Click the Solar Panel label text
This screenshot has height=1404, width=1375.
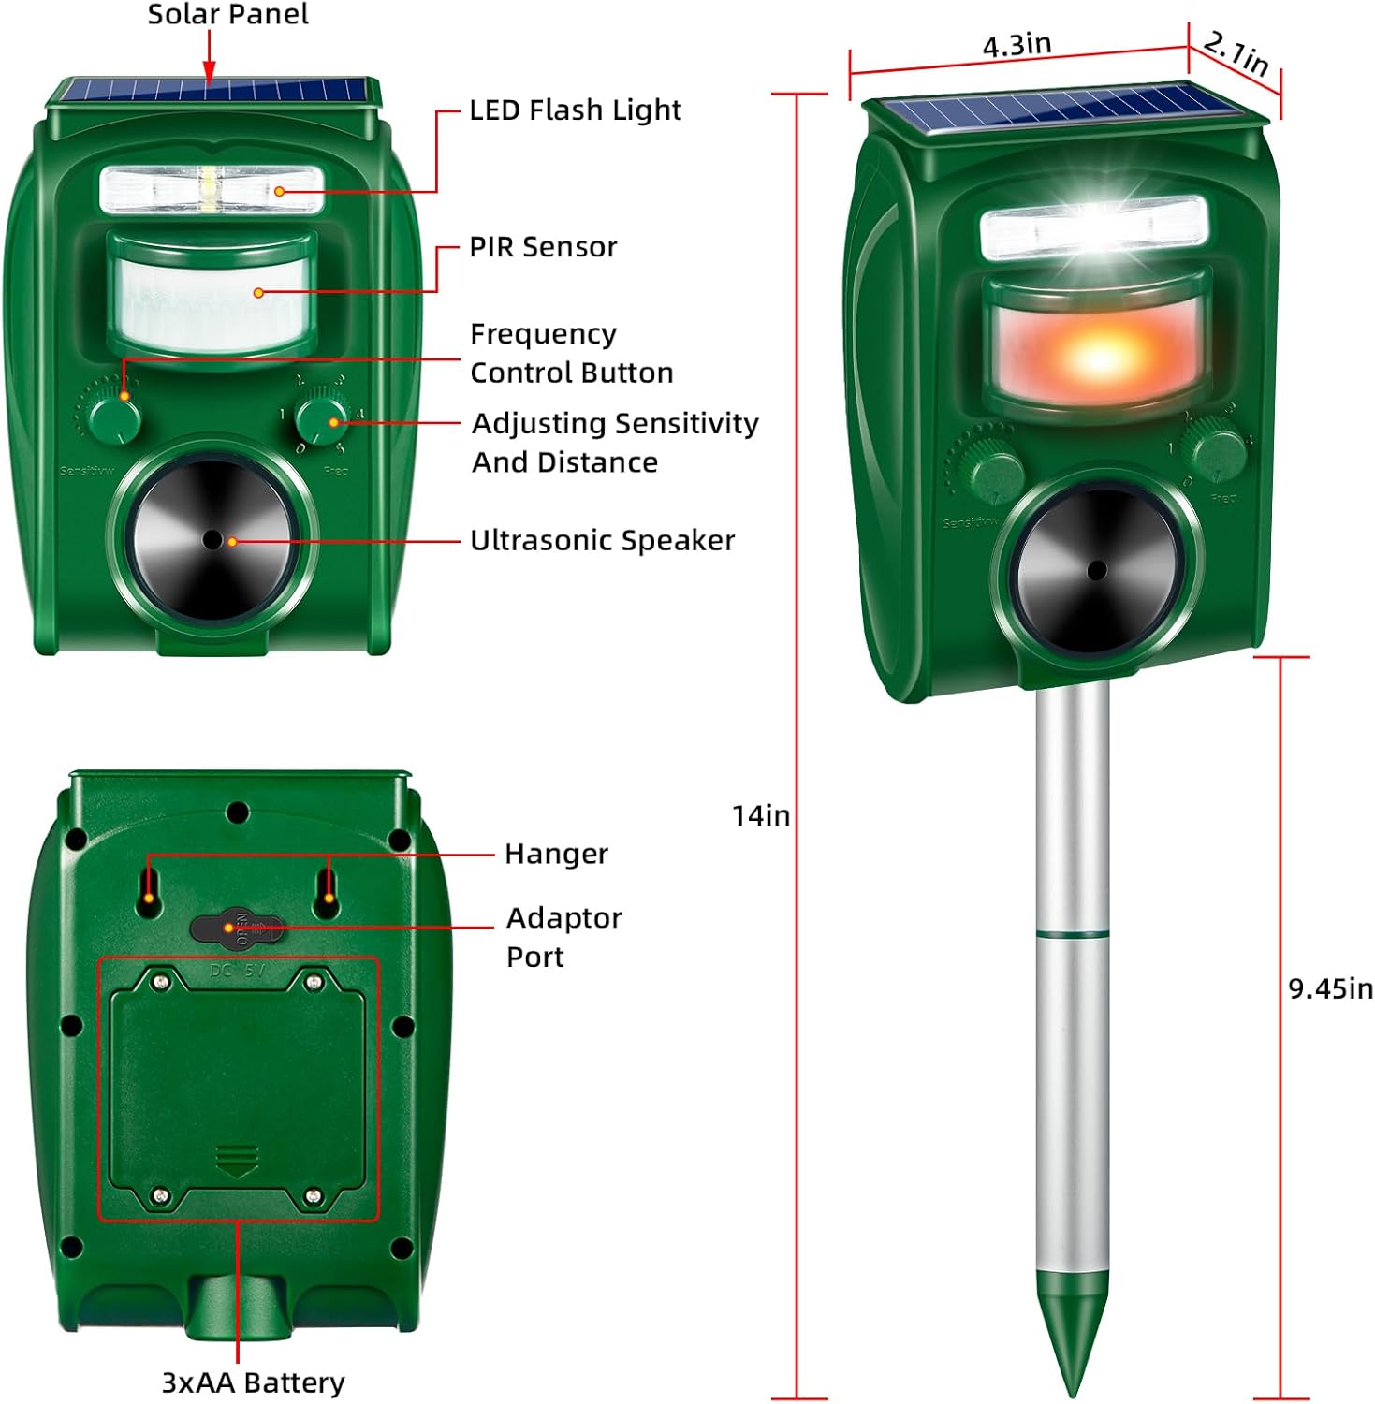(x=227, y=15)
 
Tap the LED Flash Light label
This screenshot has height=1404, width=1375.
(x=575, y=110)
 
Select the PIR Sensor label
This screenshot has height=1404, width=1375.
(x=543, y=247)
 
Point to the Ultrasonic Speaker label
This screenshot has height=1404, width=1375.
(x=602, y=541)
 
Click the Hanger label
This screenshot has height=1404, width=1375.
(x=556, y=854)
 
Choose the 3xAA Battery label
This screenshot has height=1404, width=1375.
(x=253, y=1382)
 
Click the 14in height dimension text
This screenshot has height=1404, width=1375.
(x=760, y=816)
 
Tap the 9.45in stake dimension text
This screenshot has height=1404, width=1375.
(x=1330, y=989)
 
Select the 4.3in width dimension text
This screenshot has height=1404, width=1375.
(x=1017, y=45)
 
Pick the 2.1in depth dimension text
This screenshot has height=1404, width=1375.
(x=1236, y=54)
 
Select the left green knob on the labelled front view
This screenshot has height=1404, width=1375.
(x=114, y=417)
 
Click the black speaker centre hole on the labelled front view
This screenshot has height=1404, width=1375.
(x=212, y=540)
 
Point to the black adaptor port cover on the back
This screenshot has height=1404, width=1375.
(x=236, y=929)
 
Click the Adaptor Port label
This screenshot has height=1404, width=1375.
(x=563, y=937)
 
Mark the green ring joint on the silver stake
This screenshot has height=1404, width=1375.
(x=1073, y=934)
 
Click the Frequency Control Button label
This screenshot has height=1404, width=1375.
(x=570, y=354)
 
